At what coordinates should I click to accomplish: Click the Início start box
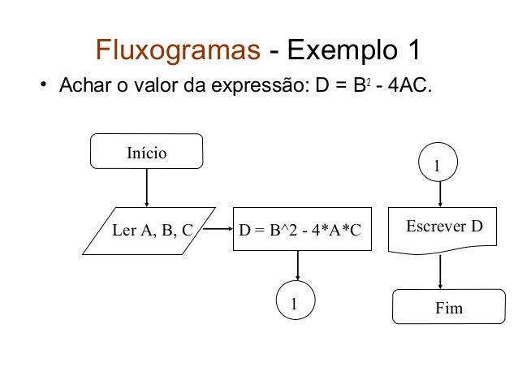click(146, 151)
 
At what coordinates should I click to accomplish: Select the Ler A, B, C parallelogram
click(152, 230)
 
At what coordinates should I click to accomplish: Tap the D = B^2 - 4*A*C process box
click(299, 230)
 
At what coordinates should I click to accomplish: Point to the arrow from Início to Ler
click(146, 188)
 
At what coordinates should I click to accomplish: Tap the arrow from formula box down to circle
click(299, 266)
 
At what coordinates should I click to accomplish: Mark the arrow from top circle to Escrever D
click(440, 195)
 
